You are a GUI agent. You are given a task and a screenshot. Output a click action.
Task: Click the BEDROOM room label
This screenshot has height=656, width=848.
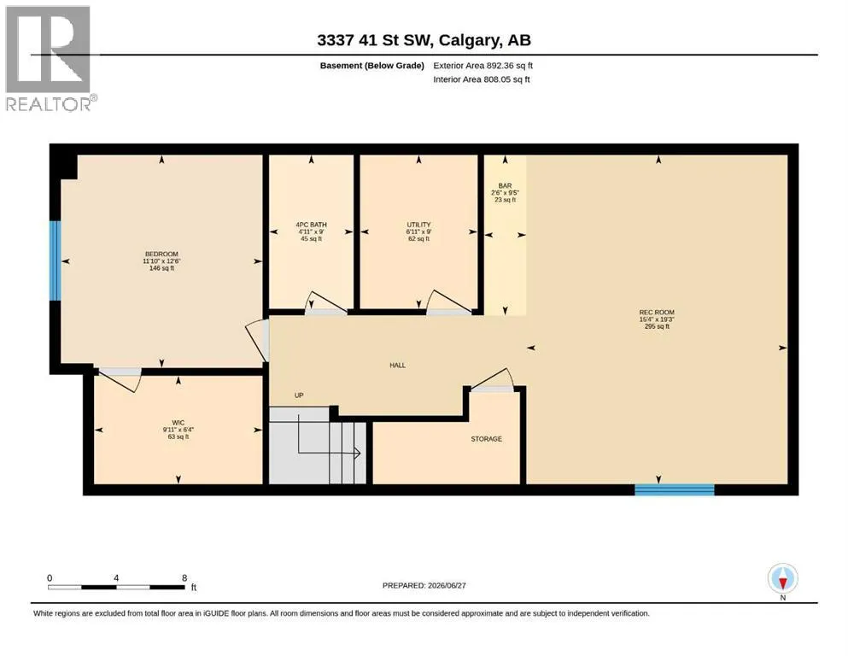[161, 255]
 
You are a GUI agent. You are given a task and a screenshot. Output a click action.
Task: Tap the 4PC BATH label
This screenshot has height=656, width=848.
[311, 225]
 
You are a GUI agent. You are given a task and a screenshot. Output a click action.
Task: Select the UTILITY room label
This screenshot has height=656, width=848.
[418, 225]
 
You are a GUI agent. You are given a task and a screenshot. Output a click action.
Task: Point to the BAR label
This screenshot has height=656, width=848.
[505, 185]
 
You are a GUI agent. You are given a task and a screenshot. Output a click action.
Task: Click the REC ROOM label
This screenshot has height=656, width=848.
[657, 312]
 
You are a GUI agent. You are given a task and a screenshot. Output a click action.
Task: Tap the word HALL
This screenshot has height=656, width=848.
[397, 365]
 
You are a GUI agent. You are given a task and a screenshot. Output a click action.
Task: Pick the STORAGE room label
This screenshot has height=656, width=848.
[486, 438]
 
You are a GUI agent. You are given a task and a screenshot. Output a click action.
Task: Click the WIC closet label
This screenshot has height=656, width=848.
[178, 422]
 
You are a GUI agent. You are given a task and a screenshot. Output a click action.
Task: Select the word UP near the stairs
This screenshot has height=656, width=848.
[299, 395]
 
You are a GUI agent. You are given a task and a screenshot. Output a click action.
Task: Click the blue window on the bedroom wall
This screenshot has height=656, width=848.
[56, 261]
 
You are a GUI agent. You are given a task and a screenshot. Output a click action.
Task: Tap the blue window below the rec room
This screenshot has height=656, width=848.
[675, 489]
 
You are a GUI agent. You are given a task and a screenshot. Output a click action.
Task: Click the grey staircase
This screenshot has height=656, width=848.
[318, 446]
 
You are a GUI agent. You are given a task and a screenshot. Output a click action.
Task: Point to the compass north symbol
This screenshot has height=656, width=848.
[782, 578]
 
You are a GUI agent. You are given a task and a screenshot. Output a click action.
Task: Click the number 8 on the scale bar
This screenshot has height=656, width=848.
[184, 577]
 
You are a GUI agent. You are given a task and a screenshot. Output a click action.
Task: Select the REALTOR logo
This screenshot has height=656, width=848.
[49, 58]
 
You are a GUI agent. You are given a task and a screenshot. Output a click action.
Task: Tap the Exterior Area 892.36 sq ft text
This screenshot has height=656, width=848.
[483, 66]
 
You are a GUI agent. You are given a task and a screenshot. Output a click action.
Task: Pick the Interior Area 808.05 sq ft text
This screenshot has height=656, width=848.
[482, 79]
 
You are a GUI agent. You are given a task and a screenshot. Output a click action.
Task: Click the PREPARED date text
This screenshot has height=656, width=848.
[424, 585]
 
